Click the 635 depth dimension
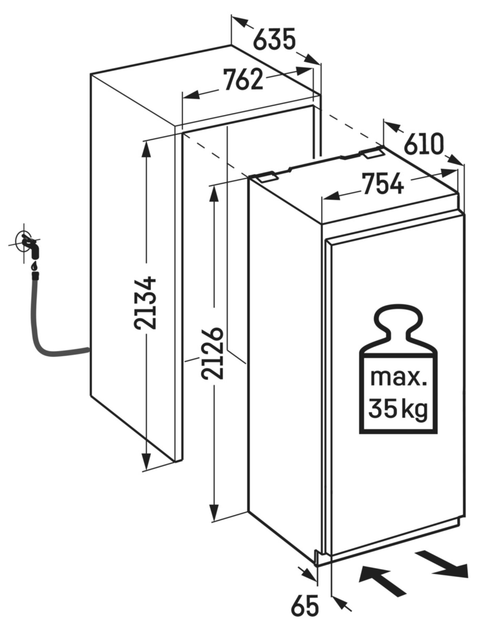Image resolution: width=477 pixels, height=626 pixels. [x=274, y=40]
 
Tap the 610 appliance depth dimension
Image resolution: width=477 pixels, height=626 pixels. [x=423, y=144]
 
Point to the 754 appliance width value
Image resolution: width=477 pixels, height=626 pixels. [x=383, y=184]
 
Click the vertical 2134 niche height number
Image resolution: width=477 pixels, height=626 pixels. [x=145, y=302]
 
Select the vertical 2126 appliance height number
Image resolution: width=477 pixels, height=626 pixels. [x=213, y=353]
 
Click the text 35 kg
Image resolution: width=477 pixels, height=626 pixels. [x=398, y=409]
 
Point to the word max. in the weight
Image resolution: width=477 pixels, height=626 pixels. [x=398, y=378]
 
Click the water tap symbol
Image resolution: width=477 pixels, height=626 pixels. [x=29, y=244]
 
